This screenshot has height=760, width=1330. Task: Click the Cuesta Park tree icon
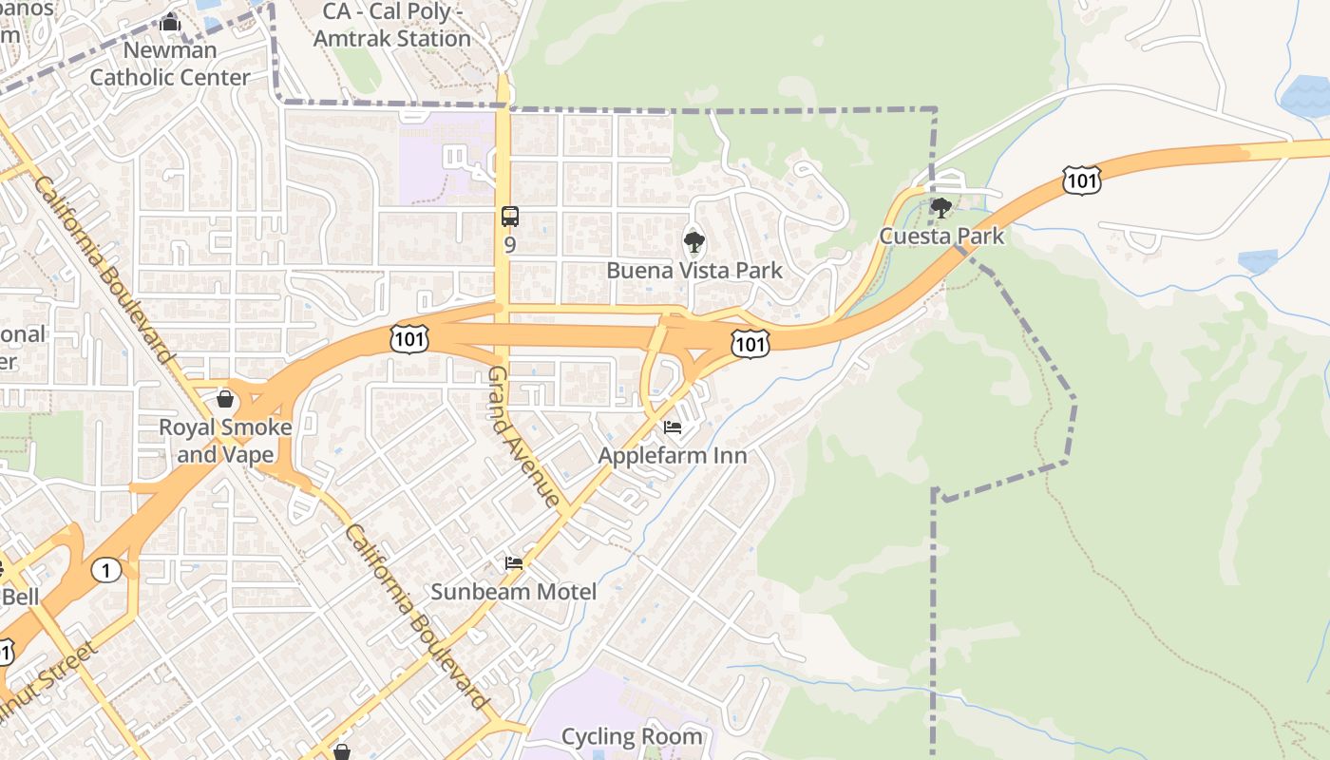click(940, 207)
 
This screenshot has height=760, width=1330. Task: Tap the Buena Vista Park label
click(694, 270)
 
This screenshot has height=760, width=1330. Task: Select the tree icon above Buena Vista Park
click(694, 242)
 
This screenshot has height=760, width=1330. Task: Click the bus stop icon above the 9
click(510, 216)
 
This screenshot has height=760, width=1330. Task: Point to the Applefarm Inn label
click(673, 455)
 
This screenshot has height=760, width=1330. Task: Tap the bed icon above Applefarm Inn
click(673, 427)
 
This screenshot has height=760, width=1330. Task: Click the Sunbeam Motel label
click(514, 591)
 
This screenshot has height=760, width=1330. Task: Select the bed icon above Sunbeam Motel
click(514, 563)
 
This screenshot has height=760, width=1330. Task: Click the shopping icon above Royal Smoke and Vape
click(225, 399)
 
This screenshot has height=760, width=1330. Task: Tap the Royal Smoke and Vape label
click(225, 441)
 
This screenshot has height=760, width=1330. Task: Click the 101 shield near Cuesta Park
click(1082, 180)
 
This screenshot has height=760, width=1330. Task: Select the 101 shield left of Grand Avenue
click(408, 338)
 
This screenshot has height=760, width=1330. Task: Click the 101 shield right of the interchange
click(750, 343)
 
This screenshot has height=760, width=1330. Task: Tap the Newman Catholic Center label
click(170, 64)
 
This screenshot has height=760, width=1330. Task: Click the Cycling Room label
click(632, 736)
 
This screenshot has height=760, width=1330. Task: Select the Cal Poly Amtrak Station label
click(391, 26)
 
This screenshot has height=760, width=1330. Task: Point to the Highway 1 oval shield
click(106, 570)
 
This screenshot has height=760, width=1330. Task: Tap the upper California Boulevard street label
click(104, 271)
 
